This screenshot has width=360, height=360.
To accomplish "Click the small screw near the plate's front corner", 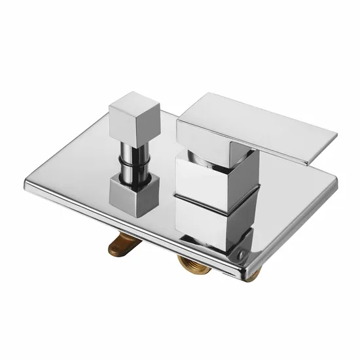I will [x=243, y=251].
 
